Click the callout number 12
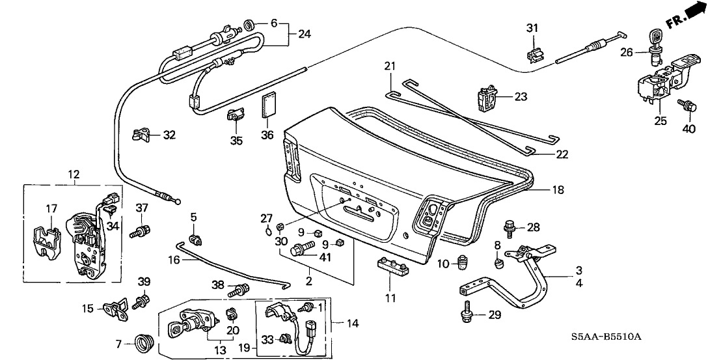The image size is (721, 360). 73,174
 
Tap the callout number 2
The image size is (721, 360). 309,281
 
